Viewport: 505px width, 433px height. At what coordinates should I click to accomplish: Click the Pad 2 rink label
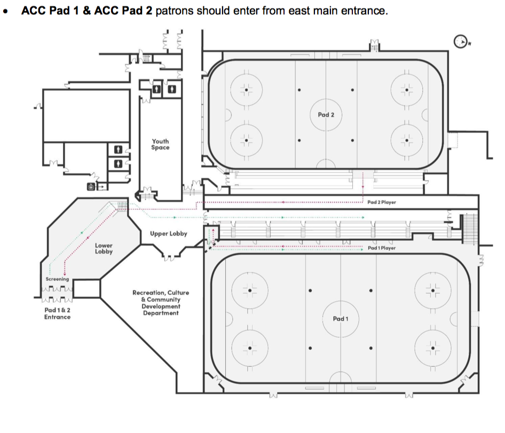(x=326, y=115)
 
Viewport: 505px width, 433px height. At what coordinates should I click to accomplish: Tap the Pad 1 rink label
(x=340, y=319)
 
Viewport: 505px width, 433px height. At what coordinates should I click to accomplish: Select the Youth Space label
(x=160, y=145)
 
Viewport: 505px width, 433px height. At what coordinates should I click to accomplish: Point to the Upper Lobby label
(x=169, y=234)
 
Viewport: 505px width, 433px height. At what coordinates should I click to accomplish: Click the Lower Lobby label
(x=104, y=249)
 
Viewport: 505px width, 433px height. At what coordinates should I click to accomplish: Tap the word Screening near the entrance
(x=57, y=279)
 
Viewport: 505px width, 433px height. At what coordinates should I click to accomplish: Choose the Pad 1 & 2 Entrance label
(x=57, y=313)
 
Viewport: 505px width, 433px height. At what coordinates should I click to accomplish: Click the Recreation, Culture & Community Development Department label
(x=161, y=303)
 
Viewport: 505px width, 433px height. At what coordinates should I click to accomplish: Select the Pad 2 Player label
(x=382, y=202)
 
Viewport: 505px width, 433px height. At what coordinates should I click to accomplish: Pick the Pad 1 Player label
(x=382, y=248)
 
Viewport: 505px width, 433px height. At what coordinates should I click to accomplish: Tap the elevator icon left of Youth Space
(x=91, y=186)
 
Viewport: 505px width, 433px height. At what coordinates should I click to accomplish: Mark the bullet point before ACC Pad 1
(x=6, y=11)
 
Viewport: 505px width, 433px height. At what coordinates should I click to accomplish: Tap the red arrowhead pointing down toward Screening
(x=65, y=274)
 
